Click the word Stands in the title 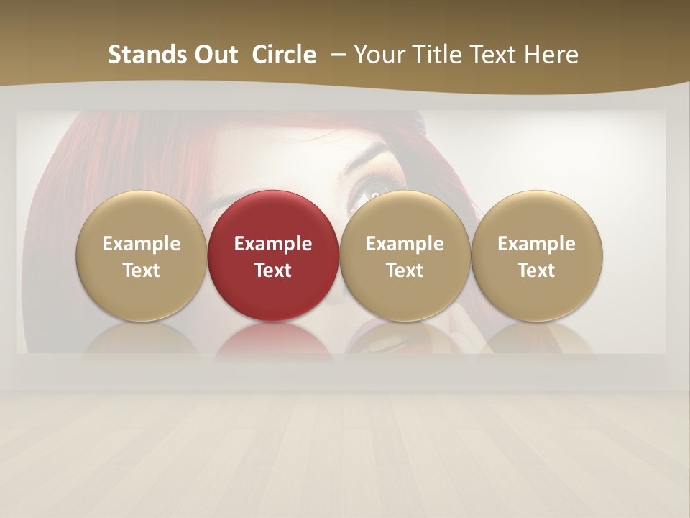click(x=142, y=55)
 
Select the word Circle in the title click(x=284, y=55)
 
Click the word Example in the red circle click(x=273, y=244)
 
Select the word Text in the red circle click(x=273, y=271)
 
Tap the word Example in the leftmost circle click(x=142, y=244)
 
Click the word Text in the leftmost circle click(x=142, y=271)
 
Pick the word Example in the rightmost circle click(x=537, y=244)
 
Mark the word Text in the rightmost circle click(x=537, y=271)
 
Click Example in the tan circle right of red click(x=405, y=244)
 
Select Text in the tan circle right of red click(x=405, y=271)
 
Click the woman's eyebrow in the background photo click(x=370, y=155)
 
